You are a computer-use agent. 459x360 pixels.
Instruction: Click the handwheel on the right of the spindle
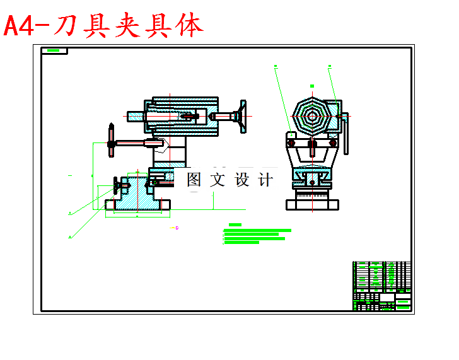pyautogui.click(x=241, y=117)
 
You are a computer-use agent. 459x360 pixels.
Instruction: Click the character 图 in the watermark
pyautogui.click(x=194, y=180)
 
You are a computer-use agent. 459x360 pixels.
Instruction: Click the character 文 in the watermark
pyautogui.click(x=218, y=180)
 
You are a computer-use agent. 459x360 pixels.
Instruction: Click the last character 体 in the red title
pyautogui.click(x=189, y=26)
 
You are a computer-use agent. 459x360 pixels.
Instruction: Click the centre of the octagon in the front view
pyautogui.click(x=311, y=115)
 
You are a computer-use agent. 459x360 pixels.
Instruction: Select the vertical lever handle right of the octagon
pyautogui.click(x=346, y=134)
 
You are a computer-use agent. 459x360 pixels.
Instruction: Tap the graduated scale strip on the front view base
pyautogui.click(x=312, y=195)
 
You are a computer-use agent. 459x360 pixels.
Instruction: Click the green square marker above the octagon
pyautogui.click(x=312, y=86)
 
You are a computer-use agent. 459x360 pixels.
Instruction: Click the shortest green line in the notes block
pyautogui.click(x=241, y=243)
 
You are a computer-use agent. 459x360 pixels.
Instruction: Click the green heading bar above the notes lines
pyautogui.click(x=236, y=224)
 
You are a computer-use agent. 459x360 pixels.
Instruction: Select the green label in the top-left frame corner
pyautogui.click(x=54, y=50)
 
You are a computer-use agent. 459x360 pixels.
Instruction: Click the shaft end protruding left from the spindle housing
pyautogui.click(x=135, y=117)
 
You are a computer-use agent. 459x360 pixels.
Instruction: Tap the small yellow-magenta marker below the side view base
pyautogui.click(x=177, y=228)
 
